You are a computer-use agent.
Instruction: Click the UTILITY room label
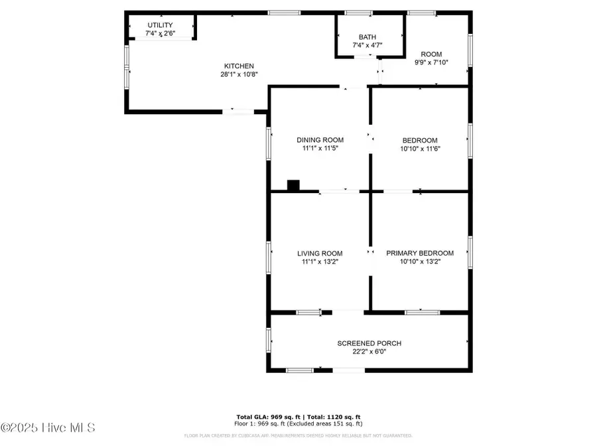[160, 25]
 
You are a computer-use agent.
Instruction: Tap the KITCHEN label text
[239, 66]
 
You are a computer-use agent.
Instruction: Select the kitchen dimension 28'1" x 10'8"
[239, 74]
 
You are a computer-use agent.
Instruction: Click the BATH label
[367, 37]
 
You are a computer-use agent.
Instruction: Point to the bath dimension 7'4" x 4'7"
[367, 45]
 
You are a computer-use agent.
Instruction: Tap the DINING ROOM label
[320, 140]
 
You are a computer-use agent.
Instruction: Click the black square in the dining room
[293, 185]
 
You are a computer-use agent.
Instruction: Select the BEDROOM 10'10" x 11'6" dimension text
[420, 149]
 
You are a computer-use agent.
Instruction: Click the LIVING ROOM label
[320, 253]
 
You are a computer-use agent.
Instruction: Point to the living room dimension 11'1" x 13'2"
[320, 261]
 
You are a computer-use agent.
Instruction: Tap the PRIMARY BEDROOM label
[420, 253]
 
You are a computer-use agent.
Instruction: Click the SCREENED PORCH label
[369, 343]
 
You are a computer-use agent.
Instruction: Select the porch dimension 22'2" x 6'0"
[369, 352]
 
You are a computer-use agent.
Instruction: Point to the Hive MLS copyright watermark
[48, 427]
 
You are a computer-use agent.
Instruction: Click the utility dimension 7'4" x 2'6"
[160, 33]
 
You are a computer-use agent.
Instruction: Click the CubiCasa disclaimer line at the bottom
[298, 436]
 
